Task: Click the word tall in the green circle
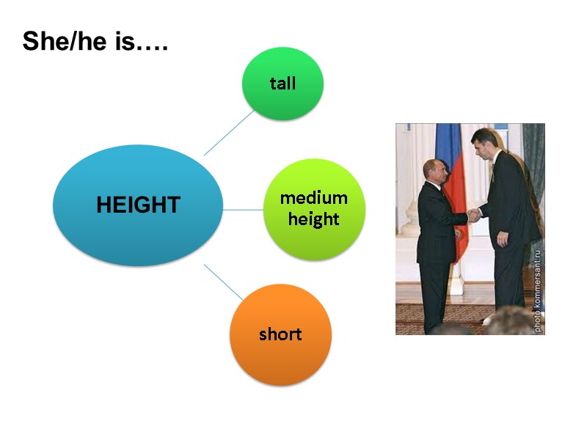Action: tap(282, 83)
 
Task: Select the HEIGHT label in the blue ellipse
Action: tap(138, 205)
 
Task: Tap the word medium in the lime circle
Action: tap(313, 198)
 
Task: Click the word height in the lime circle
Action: tap(313, 219)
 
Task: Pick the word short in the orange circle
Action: tap(280, 334)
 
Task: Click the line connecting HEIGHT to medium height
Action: tap(242, 210)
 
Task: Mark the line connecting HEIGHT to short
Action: tap(223, 282)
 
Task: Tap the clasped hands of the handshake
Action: tap(475, 215)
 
